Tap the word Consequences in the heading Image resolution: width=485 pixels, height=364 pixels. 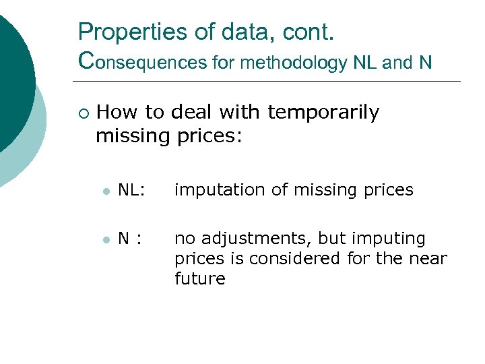142,63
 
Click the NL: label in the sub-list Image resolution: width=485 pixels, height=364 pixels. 131,191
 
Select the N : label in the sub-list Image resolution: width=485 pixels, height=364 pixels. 130,239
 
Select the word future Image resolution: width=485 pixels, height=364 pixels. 199,279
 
